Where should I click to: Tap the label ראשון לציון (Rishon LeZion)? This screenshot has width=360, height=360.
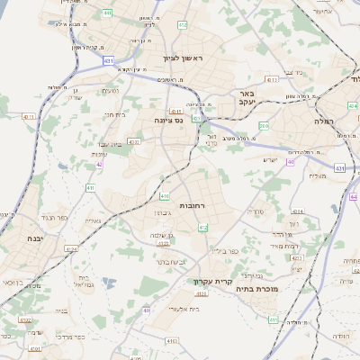[x=183, y=58]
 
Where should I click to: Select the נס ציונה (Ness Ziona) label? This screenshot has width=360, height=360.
[x=168, y=120]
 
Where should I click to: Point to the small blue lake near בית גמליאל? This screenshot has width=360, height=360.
[x=109, y=283]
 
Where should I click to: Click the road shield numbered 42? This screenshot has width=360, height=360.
[x=98, y=165]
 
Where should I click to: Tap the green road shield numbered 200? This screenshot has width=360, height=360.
[x=264, y=126]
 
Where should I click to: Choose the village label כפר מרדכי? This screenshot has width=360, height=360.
[x=67, y=337]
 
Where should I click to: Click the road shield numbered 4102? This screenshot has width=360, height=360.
[x=24, y=319]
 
